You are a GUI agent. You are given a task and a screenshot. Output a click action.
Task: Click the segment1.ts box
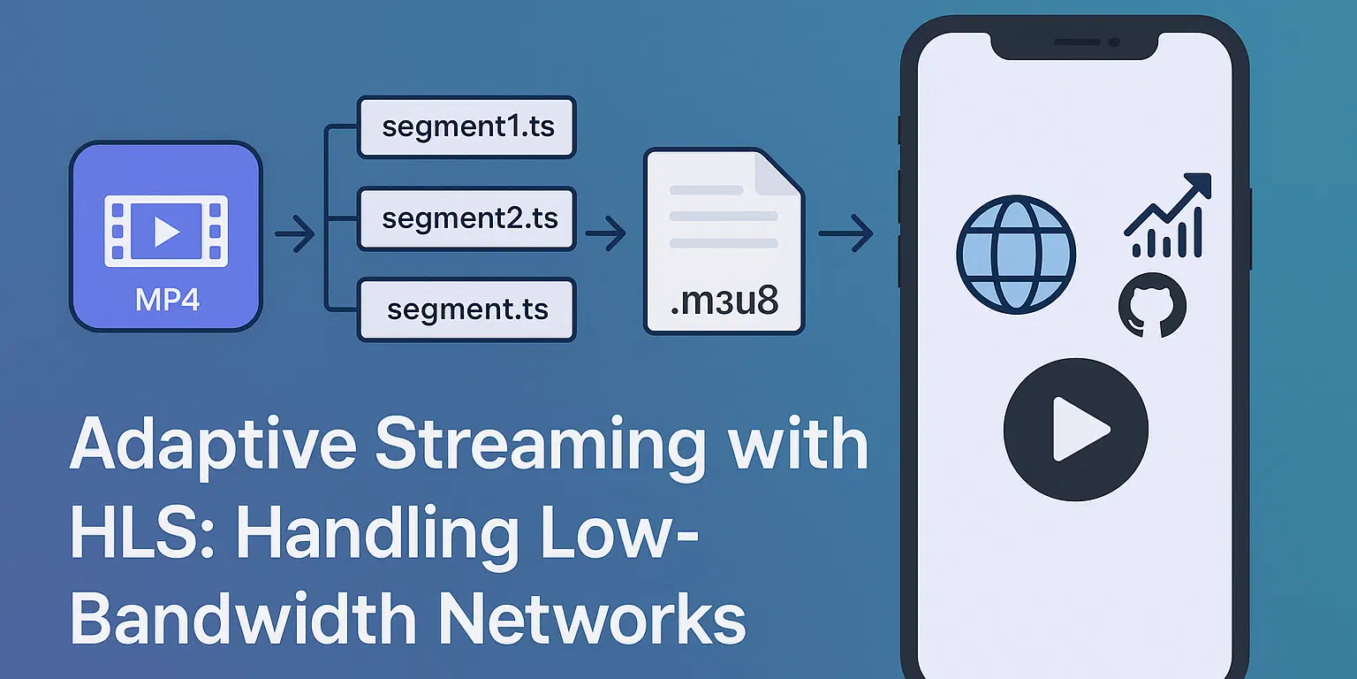pyautogui.click(x=466, y=127)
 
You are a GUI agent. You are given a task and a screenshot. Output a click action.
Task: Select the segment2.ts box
pyautogui.click(x=466, y=219)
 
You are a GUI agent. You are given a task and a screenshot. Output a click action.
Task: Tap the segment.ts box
pyautogui.click(x=466, y=309)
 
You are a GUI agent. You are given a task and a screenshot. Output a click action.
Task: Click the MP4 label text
pyautogui.click(x=167, y=300)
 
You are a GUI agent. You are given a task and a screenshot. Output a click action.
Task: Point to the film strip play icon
pyautogui.click(x=166, y=231)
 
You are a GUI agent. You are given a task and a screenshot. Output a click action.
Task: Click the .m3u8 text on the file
pyautogui.click(x=724, y=301)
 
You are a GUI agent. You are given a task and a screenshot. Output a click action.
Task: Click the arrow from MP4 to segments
pyautogui.click(x=295, y=233)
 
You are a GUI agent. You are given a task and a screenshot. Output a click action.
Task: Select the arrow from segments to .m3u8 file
pyautogui.click(x=606, y=233)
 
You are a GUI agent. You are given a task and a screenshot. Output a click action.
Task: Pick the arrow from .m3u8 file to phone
pyautogui.click(x=845, y=233)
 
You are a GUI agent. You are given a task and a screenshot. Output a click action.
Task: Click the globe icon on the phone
pyautogui.click(x=1016, y=255)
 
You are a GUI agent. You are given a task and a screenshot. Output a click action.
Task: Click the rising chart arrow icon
pyautogui.click(x=1168, y=216)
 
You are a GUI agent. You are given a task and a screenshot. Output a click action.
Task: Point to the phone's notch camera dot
pyautogui.click(x=1114, y=42)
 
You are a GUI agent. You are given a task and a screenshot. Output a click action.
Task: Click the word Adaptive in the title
pyautogui.click(x=213, y=446)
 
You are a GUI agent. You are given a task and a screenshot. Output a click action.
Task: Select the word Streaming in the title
pyautogui.click(x=541, y=447)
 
